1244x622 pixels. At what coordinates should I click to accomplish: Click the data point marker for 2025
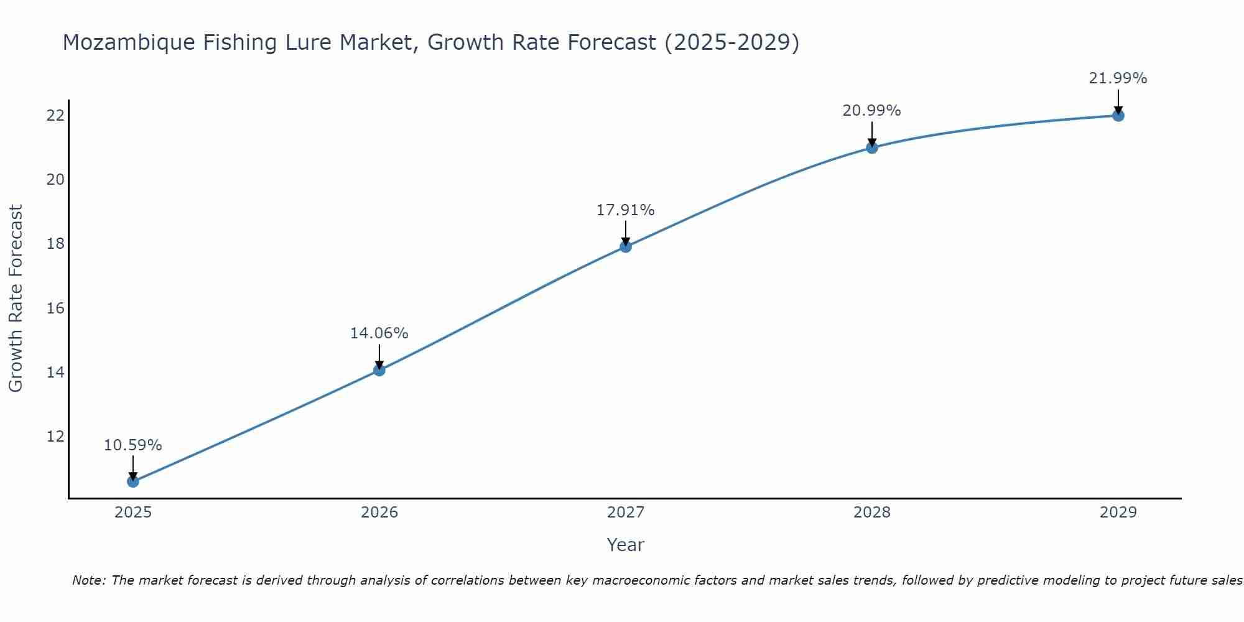132,481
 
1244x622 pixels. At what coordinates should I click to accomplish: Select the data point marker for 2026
379,370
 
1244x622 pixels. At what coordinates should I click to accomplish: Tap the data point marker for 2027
625,247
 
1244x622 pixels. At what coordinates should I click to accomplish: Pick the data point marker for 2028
871,147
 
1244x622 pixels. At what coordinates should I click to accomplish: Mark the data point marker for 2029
1118,116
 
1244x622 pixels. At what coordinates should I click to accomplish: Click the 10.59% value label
132,445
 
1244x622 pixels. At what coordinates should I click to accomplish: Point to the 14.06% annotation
379,333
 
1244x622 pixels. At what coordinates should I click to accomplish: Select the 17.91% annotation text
625,210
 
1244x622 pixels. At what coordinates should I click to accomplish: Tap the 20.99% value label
871,111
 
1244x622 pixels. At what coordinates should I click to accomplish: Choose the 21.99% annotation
1118,78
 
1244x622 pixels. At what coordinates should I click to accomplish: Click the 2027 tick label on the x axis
625,513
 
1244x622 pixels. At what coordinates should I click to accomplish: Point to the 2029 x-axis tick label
1118,513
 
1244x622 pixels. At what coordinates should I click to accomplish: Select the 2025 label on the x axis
133,513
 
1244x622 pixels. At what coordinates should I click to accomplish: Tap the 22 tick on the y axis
55,116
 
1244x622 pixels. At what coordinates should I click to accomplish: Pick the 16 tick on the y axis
55,308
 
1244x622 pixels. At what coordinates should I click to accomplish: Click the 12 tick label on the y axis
55,436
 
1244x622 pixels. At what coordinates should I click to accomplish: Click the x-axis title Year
625,545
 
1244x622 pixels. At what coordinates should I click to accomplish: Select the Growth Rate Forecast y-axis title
16,298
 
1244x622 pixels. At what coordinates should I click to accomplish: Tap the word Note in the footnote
88,580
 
